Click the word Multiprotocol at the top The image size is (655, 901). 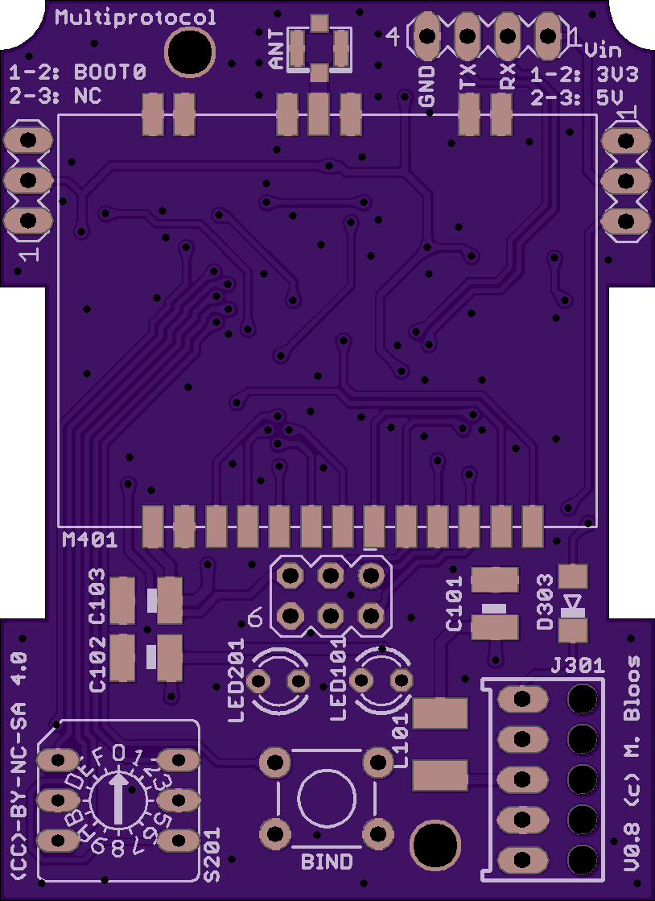pyautogui.click(x=136, y=18)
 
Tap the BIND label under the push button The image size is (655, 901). pyautogui.click(x=327, y=862)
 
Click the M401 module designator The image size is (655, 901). pyautogui.click(x=90, y=540)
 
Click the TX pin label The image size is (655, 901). pyautogui.click(x=468, y=78)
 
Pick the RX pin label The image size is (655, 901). pyautogui.click(x=507, y=78)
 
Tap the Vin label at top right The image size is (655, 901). pyautogui.click(x=602, y=50)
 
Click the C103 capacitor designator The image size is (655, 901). pyautogui.click(x=97, y=596)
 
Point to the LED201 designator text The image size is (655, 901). pyautogui.click(x=236, y=680)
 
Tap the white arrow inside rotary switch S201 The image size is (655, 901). pyautogui.click(x=119, y=797)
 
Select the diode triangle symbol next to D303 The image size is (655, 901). pyautogui.click(x=572, y=601)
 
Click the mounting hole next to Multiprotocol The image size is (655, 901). pyautogui.click(x=190, y=52)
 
